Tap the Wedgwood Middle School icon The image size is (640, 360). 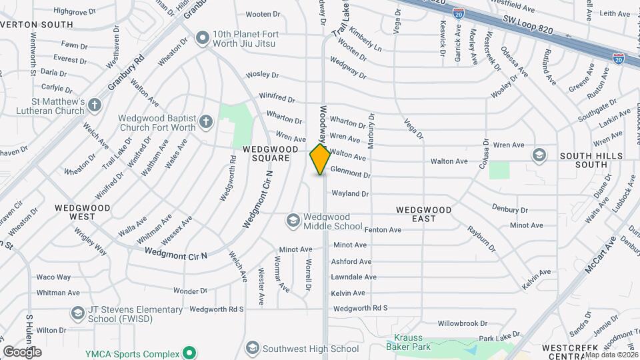[x=293, y=219]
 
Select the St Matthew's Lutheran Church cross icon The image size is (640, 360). [x=95, y=105]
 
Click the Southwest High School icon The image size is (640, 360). [x=252, y=347]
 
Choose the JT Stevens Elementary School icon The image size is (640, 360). [x=78, y=313]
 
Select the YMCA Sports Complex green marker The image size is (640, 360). [x=189, y=353]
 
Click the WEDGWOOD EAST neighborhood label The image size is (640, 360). [x=424, y=214]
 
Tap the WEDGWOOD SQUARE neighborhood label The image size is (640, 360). [x=270, y=153]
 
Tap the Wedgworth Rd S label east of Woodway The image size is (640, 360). [x=361, y=308]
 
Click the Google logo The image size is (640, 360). [x=23, y=351]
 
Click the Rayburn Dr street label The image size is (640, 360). [x=482, y=238]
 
